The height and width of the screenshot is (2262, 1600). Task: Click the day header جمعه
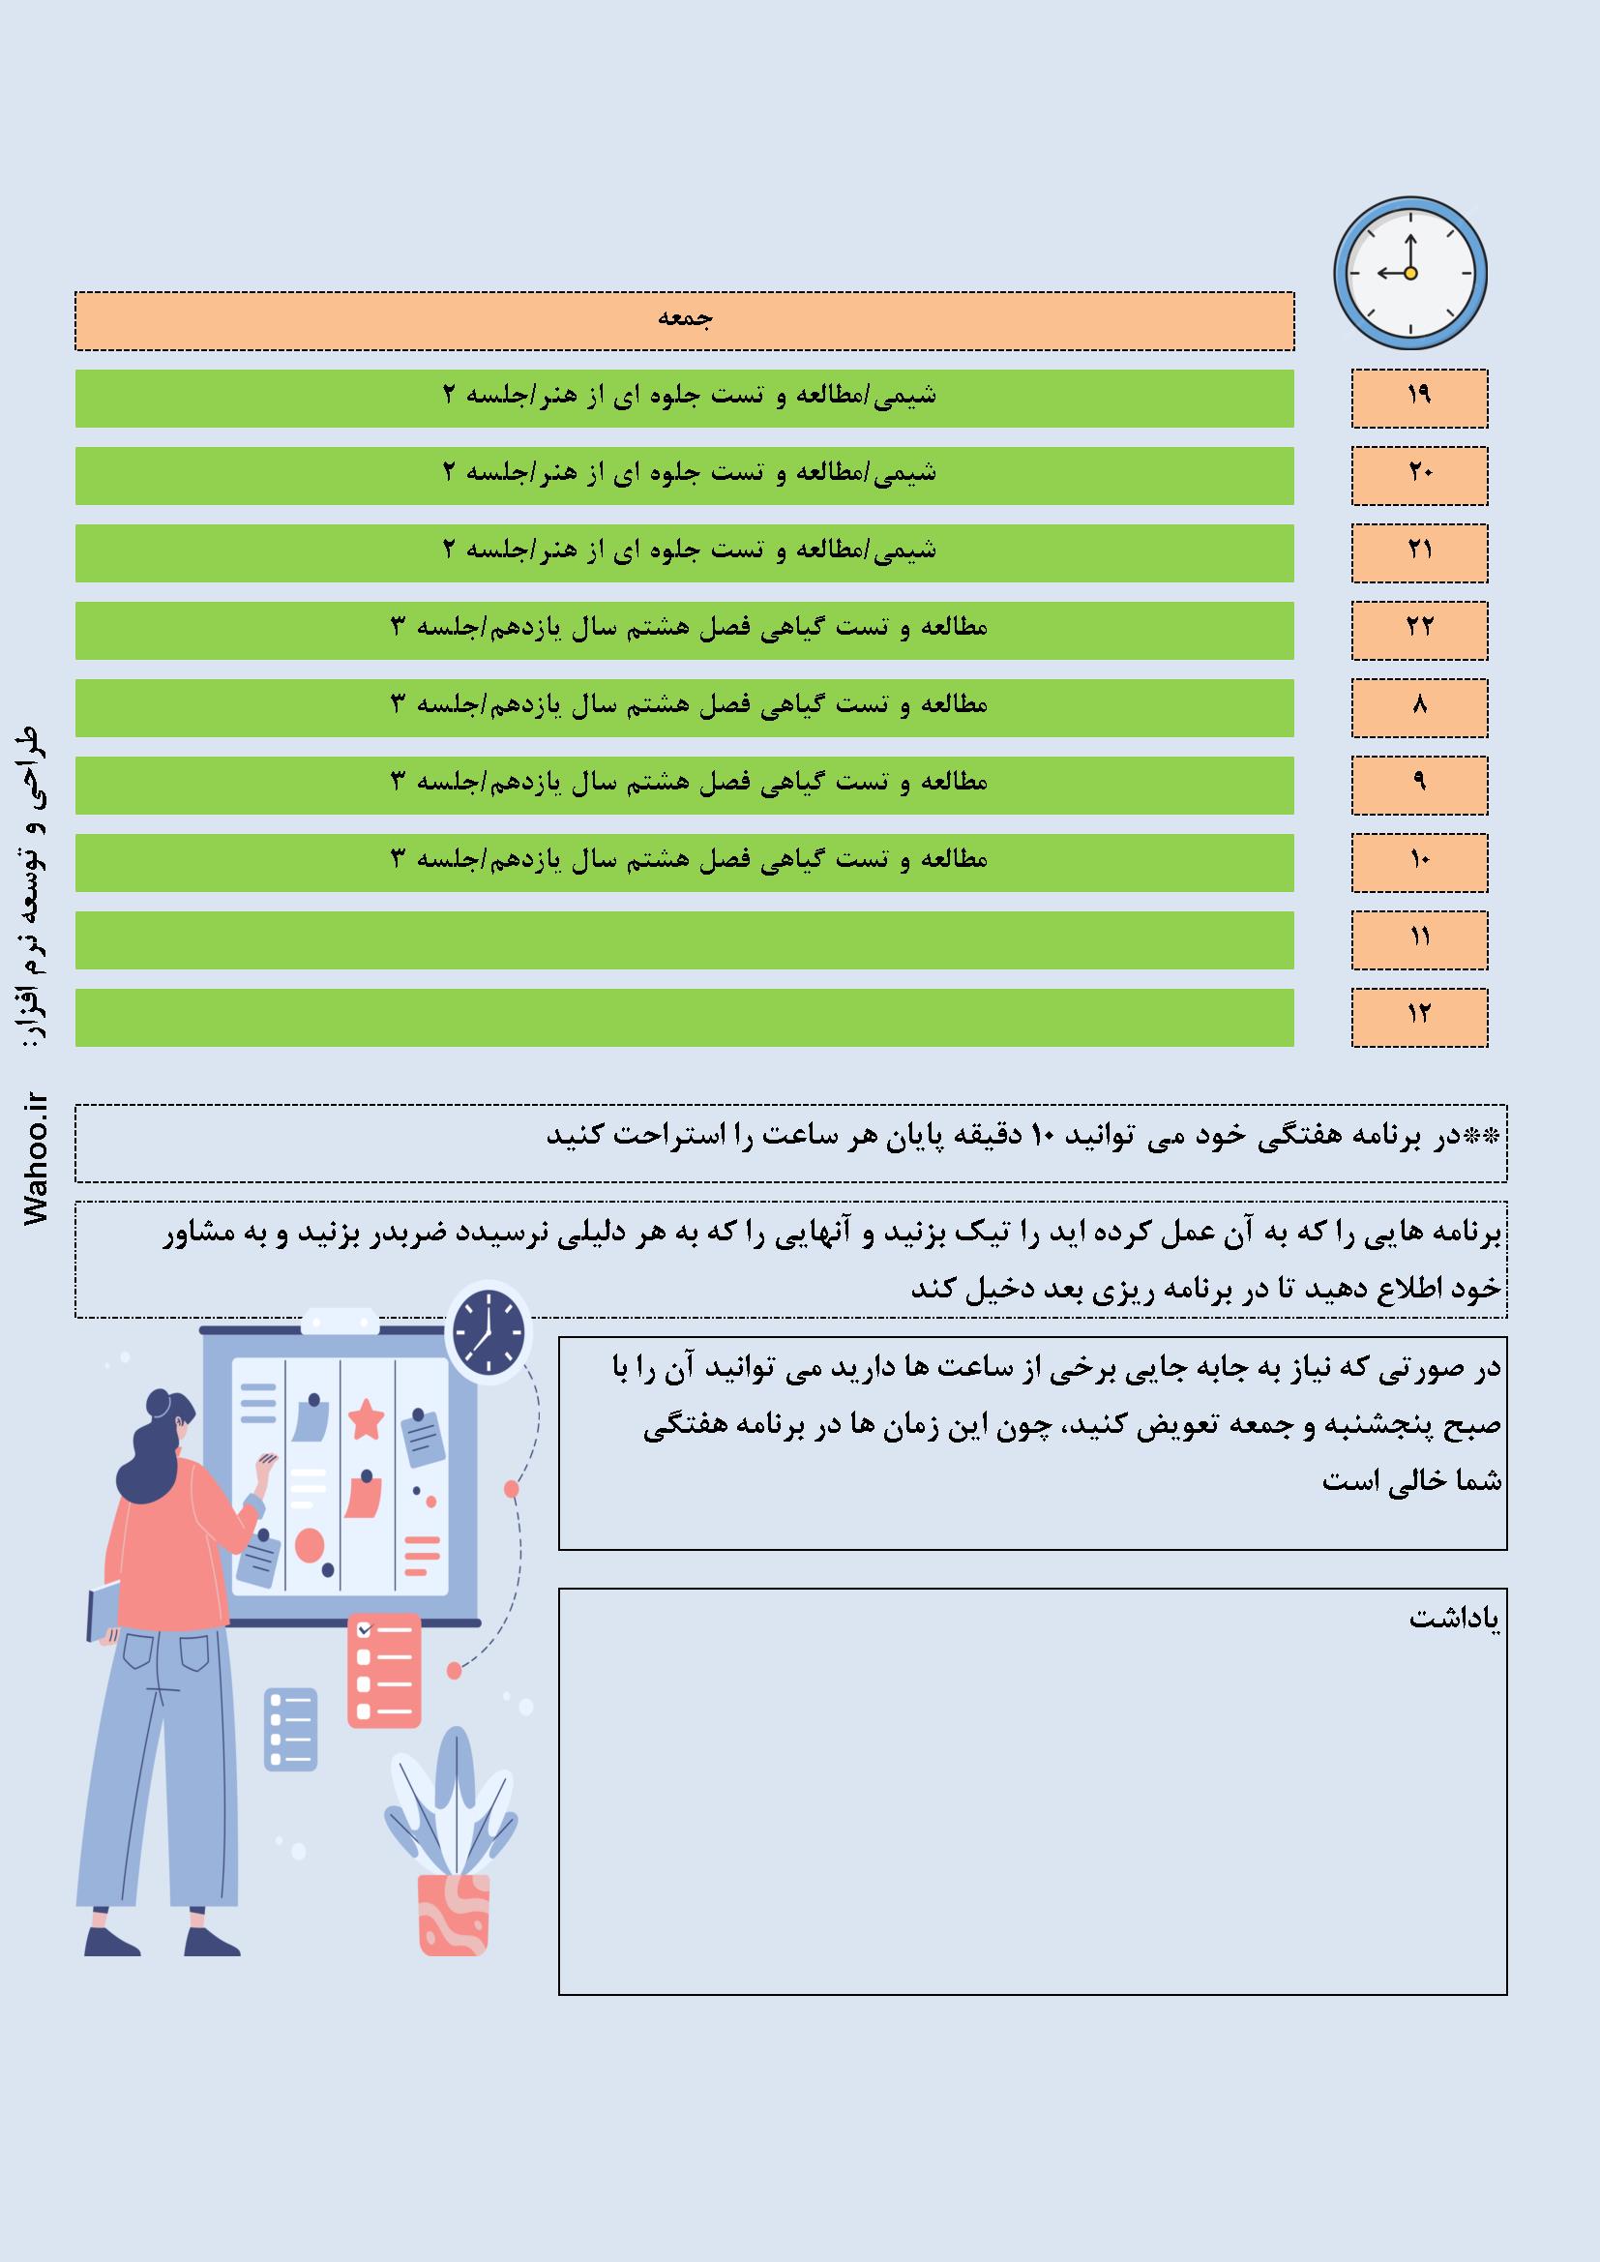[685, 320]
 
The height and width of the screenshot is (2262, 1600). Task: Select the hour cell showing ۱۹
[1419, 398]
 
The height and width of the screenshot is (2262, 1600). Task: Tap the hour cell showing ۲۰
[1419, 475]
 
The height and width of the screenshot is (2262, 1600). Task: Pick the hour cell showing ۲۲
[1419, 630]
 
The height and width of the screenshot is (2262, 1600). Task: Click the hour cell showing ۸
[1419, 707]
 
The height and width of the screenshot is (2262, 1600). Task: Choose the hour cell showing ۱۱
[1419, 939]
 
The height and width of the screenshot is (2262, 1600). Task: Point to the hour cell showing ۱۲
[1419, 1017]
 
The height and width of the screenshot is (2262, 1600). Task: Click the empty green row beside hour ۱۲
[685, 1017]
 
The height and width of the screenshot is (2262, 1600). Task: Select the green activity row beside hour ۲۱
[685, 552]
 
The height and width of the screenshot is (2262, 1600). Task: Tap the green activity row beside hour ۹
[685, 785]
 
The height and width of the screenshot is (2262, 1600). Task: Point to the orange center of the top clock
[1409, 273]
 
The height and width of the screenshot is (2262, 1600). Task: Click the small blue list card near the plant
[291, 1729]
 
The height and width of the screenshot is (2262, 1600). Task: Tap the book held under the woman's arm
[103, 1611]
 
